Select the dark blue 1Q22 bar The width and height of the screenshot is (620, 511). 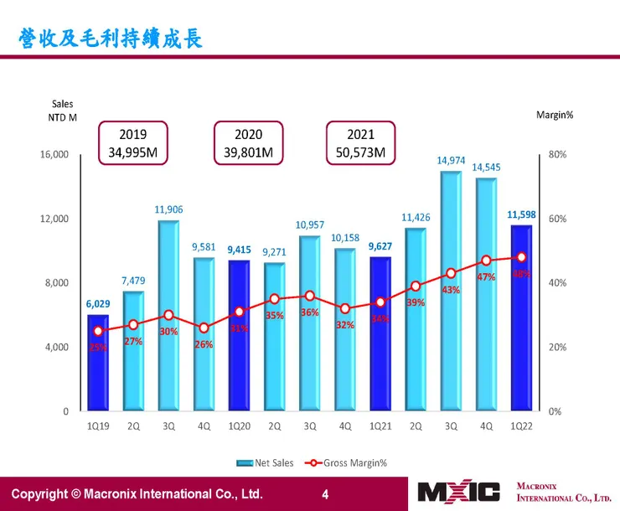pyautogui.click(x=521, y=318)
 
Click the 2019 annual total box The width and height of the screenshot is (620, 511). pyautogui.click(x=133, y=143)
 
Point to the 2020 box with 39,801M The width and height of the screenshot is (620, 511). pyautogui.click(x=248, y=143)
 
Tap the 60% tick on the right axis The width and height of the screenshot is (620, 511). pyautogui.click(x=558, y=219)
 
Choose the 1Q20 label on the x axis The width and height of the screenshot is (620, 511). pyautogui.click(x=239, y=426)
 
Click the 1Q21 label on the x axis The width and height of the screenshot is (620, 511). pyautogui.click(x=380, y=426)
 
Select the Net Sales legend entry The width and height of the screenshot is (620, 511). pyautogui.click(x=260, y=462)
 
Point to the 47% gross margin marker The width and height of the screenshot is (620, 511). pyautogui.click(x=486, y=261)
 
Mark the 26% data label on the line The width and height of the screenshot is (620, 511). pyautogui.click(x=204, y=344)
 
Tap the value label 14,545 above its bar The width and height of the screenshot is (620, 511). pyautogui.click(x=487, y=168)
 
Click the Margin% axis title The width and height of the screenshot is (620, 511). pyautogui.click(x=555, y=115)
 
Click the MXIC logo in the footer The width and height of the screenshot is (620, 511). pyautogui.click(x=458, y=492)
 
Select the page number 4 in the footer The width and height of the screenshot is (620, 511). pyautogui.click(x=326, y=493)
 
